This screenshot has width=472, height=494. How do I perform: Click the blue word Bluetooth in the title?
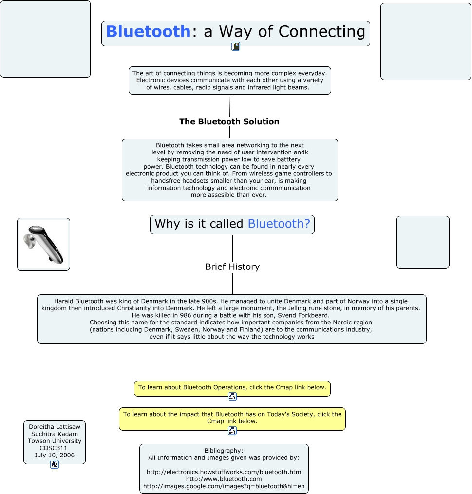click(x=149, y=31)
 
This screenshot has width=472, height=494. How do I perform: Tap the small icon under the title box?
click(x=236, y=46)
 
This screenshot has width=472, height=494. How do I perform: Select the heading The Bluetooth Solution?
click(x=229, y=122)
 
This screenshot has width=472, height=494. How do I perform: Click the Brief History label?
click(x=232, y=267)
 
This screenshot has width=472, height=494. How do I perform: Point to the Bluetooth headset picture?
click(x=43, y=244)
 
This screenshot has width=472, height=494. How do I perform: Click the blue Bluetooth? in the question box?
click(x=279, y=224)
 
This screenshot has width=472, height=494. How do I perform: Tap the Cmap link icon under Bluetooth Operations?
click(x=232, y=397)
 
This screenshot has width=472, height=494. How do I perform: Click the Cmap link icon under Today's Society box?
click(x=232, y=431)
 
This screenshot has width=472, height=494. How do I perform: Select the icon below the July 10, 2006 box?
click(x=55, y=464)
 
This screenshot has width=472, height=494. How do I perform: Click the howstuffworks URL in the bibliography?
click(x=224, y=472)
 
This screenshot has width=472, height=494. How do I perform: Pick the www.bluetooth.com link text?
click(x=224, y=479)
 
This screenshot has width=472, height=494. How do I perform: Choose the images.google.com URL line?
click(x=224, y=486)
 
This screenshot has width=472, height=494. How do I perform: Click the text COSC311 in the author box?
click(x=53, y=448)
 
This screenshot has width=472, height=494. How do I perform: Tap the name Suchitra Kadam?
click(x=55, y=434)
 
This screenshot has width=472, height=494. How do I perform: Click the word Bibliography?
click(x=224, y=451)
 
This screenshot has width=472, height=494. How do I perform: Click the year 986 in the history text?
click(x=185, y=315)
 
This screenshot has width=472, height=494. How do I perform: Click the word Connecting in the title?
click(x=321, y=32)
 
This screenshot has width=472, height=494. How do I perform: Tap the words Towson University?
click(x=55, y=441)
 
